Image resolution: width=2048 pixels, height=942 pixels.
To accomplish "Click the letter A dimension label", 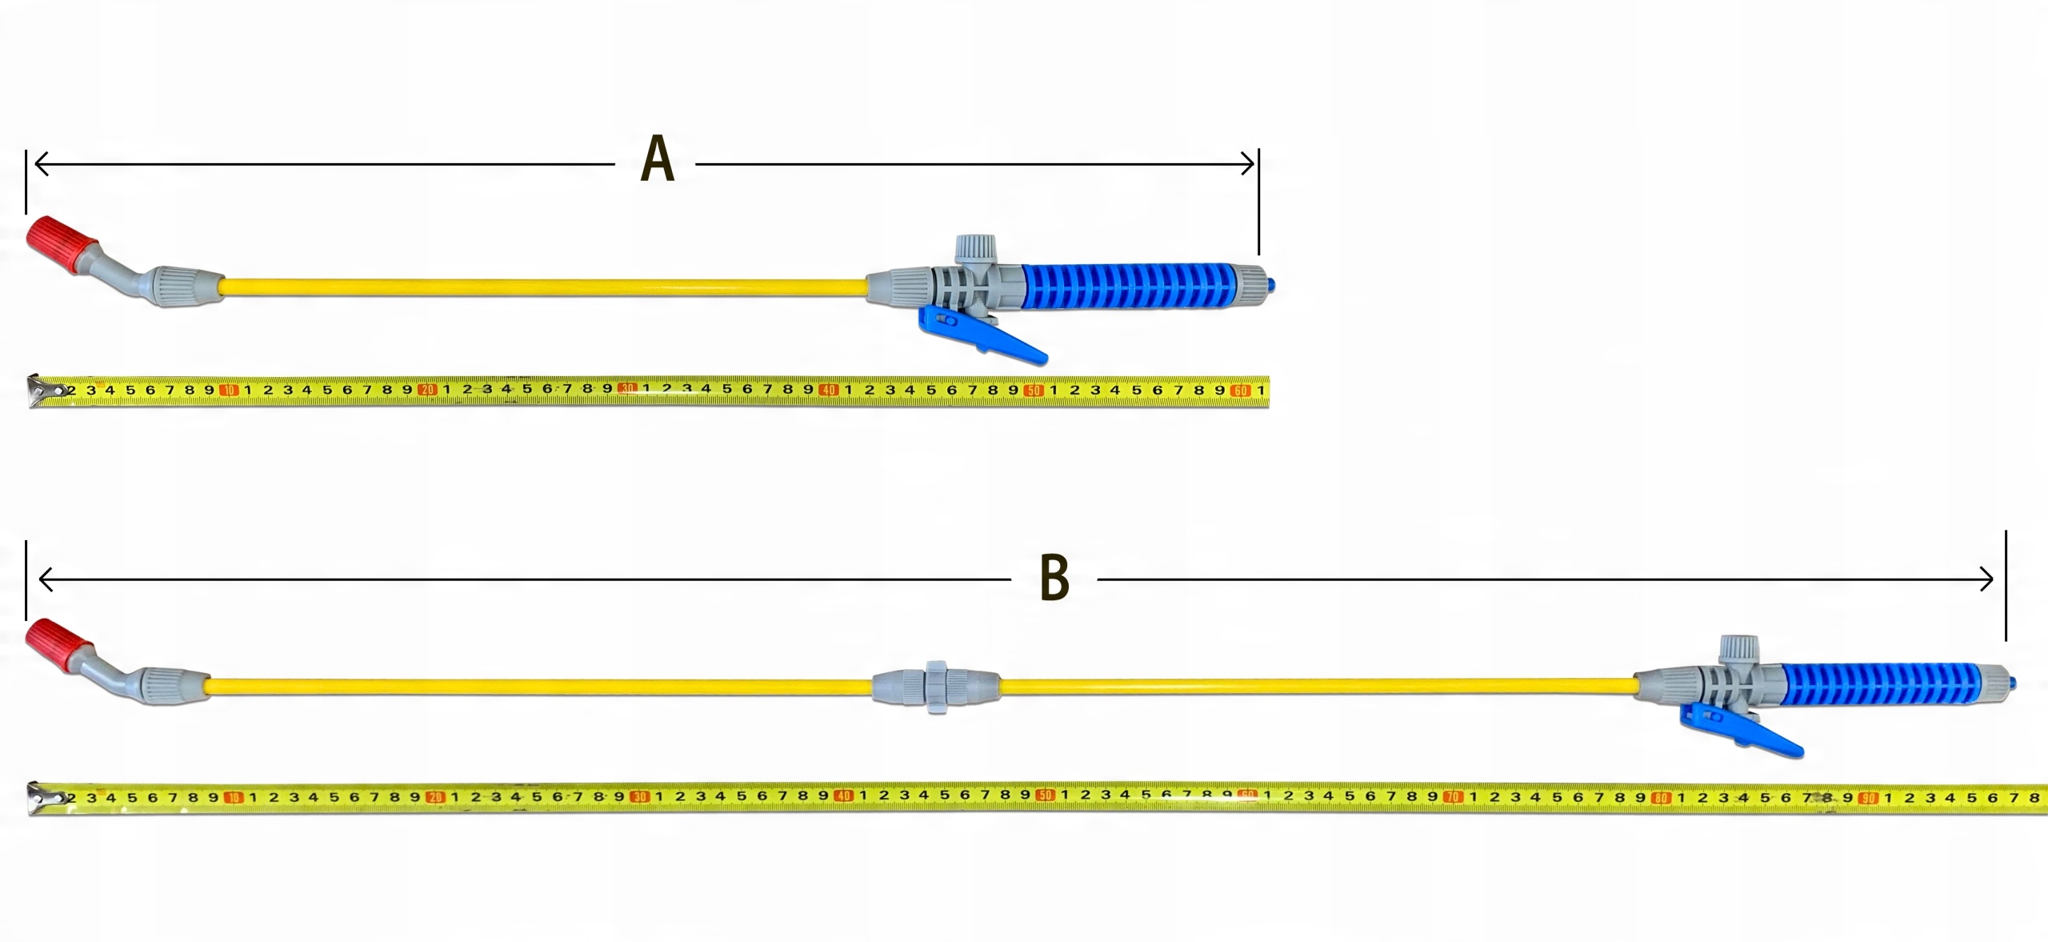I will click(x=658, y=159).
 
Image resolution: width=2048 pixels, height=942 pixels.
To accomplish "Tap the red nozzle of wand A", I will click(x=61, y=243).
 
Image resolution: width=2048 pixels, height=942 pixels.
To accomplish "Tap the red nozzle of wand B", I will click(x=58, y=645).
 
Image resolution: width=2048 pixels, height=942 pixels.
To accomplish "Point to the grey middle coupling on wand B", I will click(x=935, y=687).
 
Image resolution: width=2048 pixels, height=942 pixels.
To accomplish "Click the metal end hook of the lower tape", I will click(x=45, y=798).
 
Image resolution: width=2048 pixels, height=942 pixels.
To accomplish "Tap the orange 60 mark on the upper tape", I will click(x=1240, y=391).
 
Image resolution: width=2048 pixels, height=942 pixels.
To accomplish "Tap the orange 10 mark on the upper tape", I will click(x=229, y=391).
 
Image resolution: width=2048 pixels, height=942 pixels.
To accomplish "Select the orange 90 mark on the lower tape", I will click(x=1868, y=798).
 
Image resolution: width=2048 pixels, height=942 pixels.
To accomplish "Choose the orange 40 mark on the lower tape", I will click(x=843, y=796).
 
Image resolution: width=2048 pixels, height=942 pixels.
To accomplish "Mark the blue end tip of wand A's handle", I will click(x=1271, y=285).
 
